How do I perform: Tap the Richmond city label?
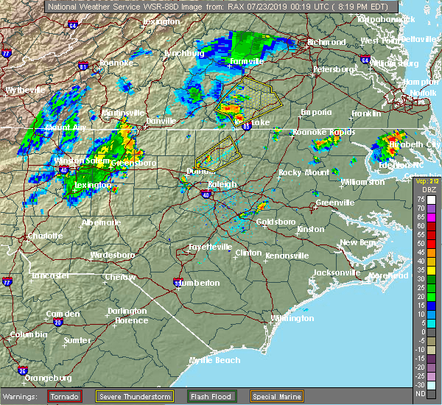326,42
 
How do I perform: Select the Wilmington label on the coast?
292,319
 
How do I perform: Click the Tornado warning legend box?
64,396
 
